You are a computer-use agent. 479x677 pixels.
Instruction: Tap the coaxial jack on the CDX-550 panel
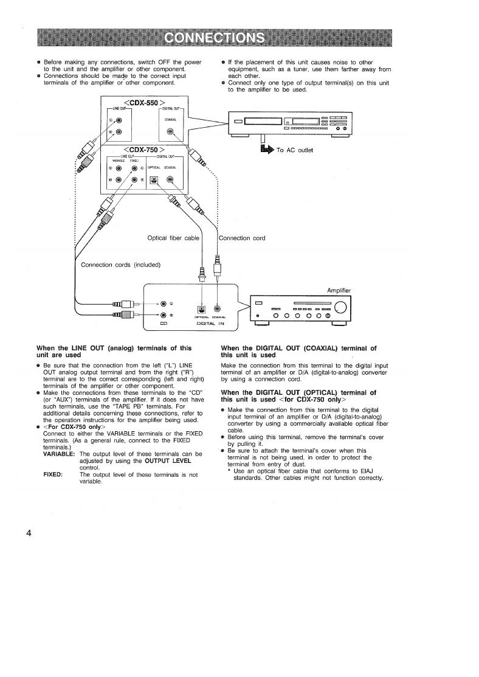pos(171,132)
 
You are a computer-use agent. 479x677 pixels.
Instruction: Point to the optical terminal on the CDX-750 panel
pos(154,179)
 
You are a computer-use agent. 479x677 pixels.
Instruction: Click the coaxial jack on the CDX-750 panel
pos(171,179)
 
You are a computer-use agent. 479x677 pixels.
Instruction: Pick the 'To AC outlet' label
pos(295,150)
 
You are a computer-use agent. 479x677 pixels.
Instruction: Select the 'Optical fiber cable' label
pos(173,238)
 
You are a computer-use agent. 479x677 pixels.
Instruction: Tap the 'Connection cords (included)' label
pos(120,265)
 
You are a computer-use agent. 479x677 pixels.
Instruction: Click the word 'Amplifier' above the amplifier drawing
pos(339,290)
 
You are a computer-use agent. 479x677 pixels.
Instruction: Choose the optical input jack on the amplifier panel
pos(201,308)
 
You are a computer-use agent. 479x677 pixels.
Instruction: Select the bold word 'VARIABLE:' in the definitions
pos(59,454)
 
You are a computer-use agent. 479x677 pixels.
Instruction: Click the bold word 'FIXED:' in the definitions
pos(53,474)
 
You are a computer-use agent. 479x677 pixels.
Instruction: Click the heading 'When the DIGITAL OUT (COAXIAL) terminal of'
pos(298,348)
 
